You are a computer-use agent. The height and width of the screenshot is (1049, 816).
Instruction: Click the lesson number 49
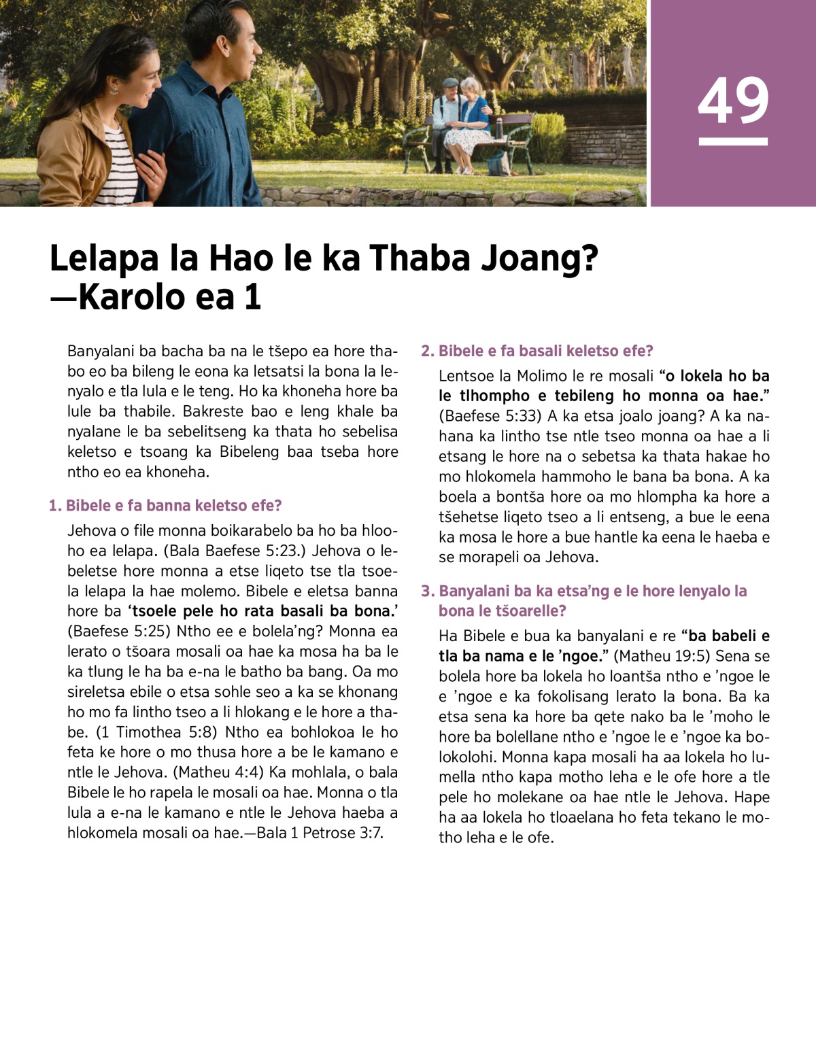(733, 100)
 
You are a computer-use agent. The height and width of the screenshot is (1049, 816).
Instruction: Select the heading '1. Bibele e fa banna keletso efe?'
(165, 506)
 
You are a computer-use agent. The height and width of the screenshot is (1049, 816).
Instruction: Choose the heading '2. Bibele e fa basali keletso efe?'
(537, 351)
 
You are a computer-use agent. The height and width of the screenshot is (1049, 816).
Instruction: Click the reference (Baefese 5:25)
(119, 631)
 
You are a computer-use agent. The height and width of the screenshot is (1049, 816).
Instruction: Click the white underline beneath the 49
(733, 141)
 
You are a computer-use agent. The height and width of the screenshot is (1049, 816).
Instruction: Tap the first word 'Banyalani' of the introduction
(101, 351)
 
